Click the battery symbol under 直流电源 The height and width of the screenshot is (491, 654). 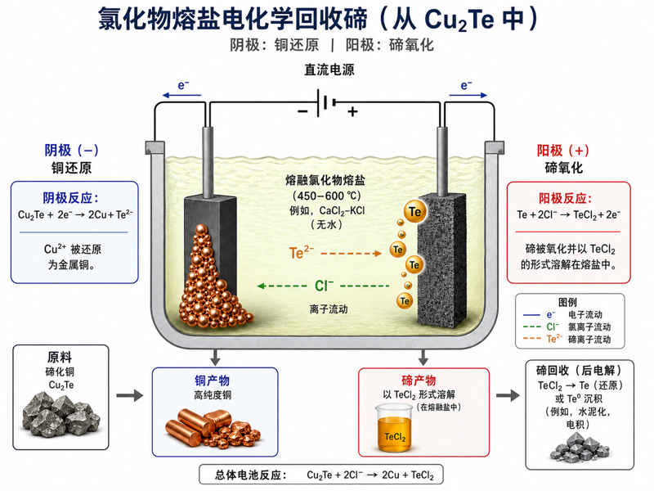pos(326,103)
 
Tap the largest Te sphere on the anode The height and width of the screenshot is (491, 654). pos(414,212)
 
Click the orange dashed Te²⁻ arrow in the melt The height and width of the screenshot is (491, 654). pos(352,254)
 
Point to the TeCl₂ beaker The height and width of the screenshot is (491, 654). pos(394,427)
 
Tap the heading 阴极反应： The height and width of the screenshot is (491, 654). pos(71,198)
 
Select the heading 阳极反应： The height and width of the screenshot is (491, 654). pos(565,198)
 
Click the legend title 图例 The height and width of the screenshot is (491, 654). pos(567,302)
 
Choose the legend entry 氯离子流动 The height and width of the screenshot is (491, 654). pos(589,327)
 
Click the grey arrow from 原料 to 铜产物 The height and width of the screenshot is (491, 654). pos(130,395)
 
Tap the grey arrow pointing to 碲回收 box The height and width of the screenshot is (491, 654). pos(508,395)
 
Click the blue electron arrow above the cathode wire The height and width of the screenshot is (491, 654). pos(181,95)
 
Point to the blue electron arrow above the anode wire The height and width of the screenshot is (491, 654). pos(468,95)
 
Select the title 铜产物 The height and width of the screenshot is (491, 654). pos(212,381)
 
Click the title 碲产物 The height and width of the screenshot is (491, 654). pos(419,381)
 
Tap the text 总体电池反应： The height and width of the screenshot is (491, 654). pos(251,475)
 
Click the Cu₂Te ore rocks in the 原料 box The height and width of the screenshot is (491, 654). pos(60,415)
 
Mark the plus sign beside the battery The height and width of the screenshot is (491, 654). pos(353,111)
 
